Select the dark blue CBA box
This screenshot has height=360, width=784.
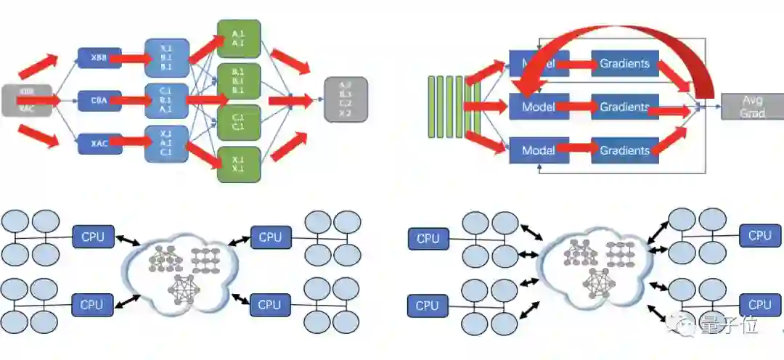tap(99, 100)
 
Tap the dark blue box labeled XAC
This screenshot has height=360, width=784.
tap(99, 143)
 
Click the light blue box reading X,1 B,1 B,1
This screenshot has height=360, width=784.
tap(166, 57)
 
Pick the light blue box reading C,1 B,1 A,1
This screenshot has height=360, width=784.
tap(166, 100)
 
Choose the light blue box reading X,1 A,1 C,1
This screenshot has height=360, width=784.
tap(166, 143)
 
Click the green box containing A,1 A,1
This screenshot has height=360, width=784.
tap(239, 38)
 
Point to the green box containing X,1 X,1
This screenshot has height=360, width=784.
tap(239, 164)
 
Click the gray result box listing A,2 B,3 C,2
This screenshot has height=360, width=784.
tap(346, 99)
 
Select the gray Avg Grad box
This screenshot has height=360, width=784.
tap(752, 107)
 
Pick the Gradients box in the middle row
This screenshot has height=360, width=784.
tap(624, 107)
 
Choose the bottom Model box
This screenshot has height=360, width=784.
tap(538, 150)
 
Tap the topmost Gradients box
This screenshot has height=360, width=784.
tap(624, 64)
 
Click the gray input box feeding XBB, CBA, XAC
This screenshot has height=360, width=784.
tap(26, 100)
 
